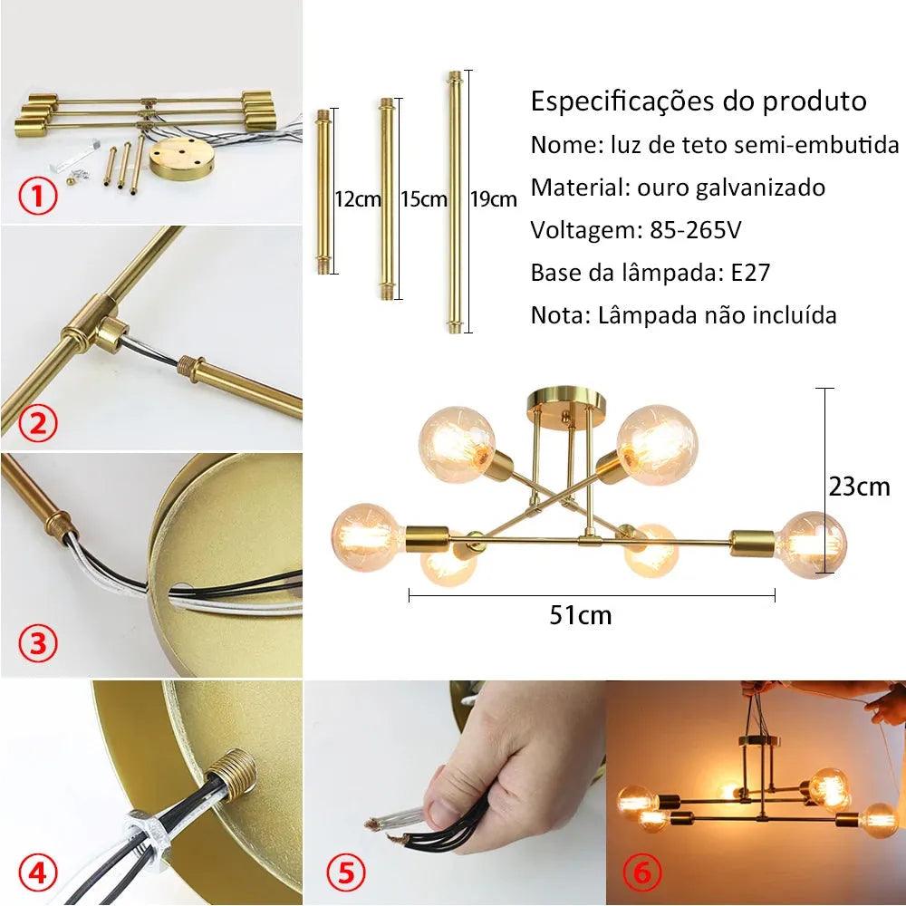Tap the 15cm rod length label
tap(423, 199)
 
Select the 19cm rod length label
tap(494, 199)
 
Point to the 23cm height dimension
tap(859, 487)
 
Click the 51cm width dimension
tap(581, 616)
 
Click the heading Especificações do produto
tap(698, 101)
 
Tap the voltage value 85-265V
tap(695, 230)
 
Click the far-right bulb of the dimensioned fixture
tap(813, 544)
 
